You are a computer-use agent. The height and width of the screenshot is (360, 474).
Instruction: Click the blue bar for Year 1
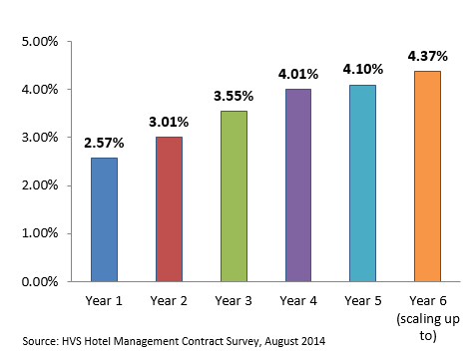pyautogui.click(x=105, y=219)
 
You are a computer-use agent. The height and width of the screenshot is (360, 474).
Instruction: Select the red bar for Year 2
pyautogui.click(x=170, y=208)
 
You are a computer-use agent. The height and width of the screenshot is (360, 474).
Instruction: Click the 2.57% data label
pyautogui.click(x=105, y=142)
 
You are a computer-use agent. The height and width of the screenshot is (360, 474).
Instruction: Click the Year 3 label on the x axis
pyautogui.click(x=235, y=299)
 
